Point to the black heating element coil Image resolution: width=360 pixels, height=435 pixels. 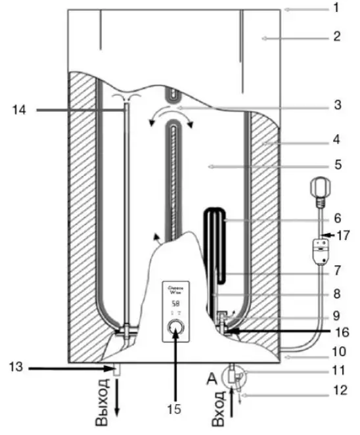215,243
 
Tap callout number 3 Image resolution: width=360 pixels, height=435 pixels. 336,104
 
